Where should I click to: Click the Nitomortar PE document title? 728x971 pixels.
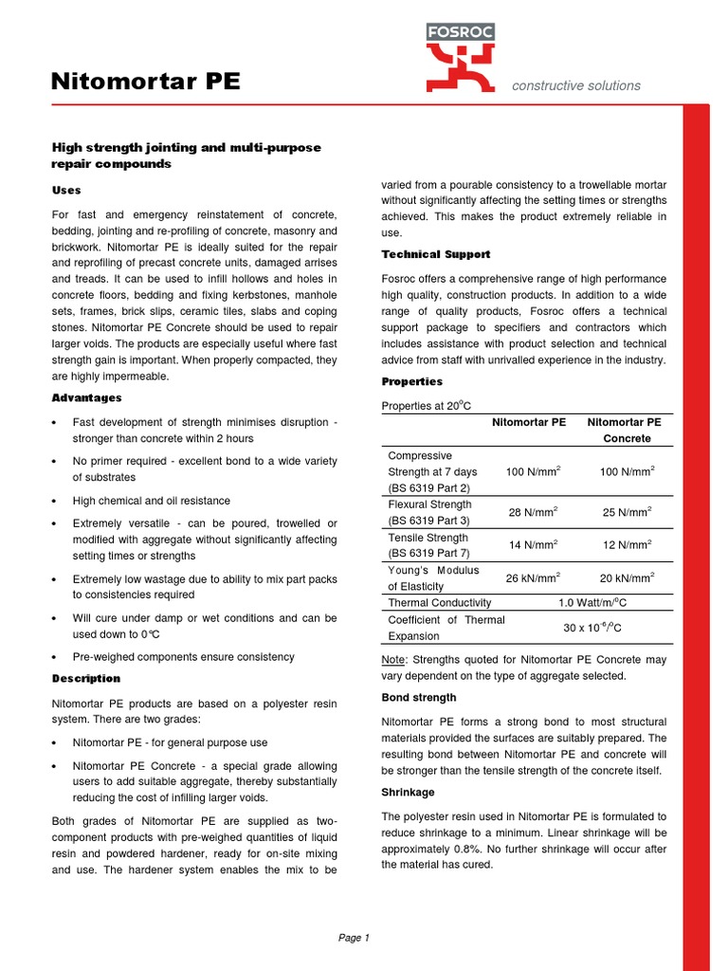[145, 82]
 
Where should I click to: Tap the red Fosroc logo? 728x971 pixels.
[459, 58]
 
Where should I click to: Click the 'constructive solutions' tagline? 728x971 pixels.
[575, 85]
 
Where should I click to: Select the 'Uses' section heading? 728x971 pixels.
[66, 191]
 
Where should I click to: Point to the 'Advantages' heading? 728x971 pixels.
[86, 397]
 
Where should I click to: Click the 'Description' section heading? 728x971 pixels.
[85, 679]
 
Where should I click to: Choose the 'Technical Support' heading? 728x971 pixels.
[435, 254]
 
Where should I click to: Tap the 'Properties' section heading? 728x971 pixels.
[411, 381]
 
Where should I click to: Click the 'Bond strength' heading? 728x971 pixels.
[418, 697]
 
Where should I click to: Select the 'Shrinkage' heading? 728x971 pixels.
[408, 791]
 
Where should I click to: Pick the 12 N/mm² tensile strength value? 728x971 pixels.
[627, 545]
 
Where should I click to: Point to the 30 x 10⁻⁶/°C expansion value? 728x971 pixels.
[592, 628]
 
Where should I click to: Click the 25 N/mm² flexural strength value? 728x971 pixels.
[627, 513]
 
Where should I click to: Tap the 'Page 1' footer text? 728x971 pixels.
[354, 938]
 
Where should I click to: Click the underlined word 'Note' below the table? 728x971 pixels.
[393, 660]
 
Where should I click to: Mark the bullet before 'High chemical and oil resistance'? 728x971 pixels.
[57, 501]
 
